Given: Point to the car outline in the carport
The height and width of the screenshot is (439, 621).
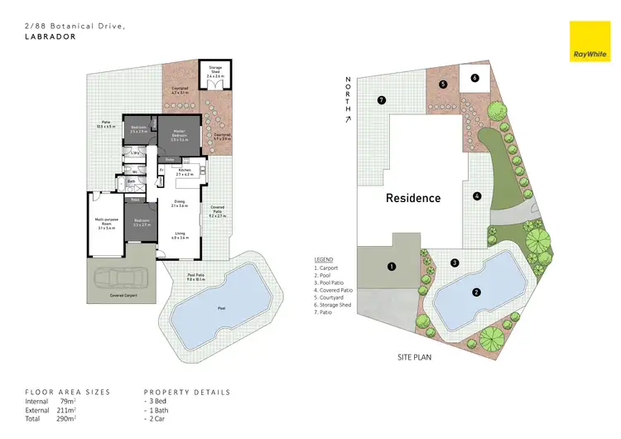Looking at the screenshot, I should pyautogui.click(x=119, y=278).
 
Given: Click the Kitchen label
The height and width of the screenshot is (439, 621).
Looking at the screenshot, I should pyautogui.click(x=184, y=171).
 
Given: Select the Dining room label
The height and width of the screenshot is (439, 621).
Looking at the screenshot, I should pyautogui.click(x=180, y=204).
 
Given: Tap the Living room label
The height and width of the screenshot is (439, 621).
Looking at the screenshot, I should pyautogui.click(x=180, y=236).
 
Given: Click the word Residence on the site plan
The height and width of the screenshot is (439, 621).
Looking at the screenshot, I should pyautogui.click(x=413, y=198).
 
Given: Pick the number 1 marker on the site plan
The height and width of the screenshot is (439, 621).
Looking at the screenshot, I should pyautogui.click(x=392, y=266).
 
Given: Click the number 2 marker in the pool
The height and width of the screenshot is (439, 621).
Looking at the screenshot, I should pyautogui.click(x=476, y=292).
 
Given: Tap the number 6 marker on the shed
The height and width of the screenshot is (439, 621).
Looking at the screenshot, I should pyautogui.click(x=474, y=78).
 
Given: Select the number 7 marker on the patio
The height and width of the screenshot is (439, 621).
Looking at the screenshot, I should pyautogui.click(x=381, y=100).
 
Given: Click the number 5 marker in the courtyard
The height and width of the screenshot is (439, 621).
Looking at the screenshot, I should pyautogui.click(x=443, y=84).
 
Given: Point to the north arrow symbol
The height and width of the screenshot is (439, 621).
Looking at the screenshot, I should pyautogui.click(x=349, y=119).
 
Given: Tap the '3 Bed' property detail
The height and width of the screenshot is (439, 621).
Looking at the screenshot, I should pyautogui.click(x=160, y=401).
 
